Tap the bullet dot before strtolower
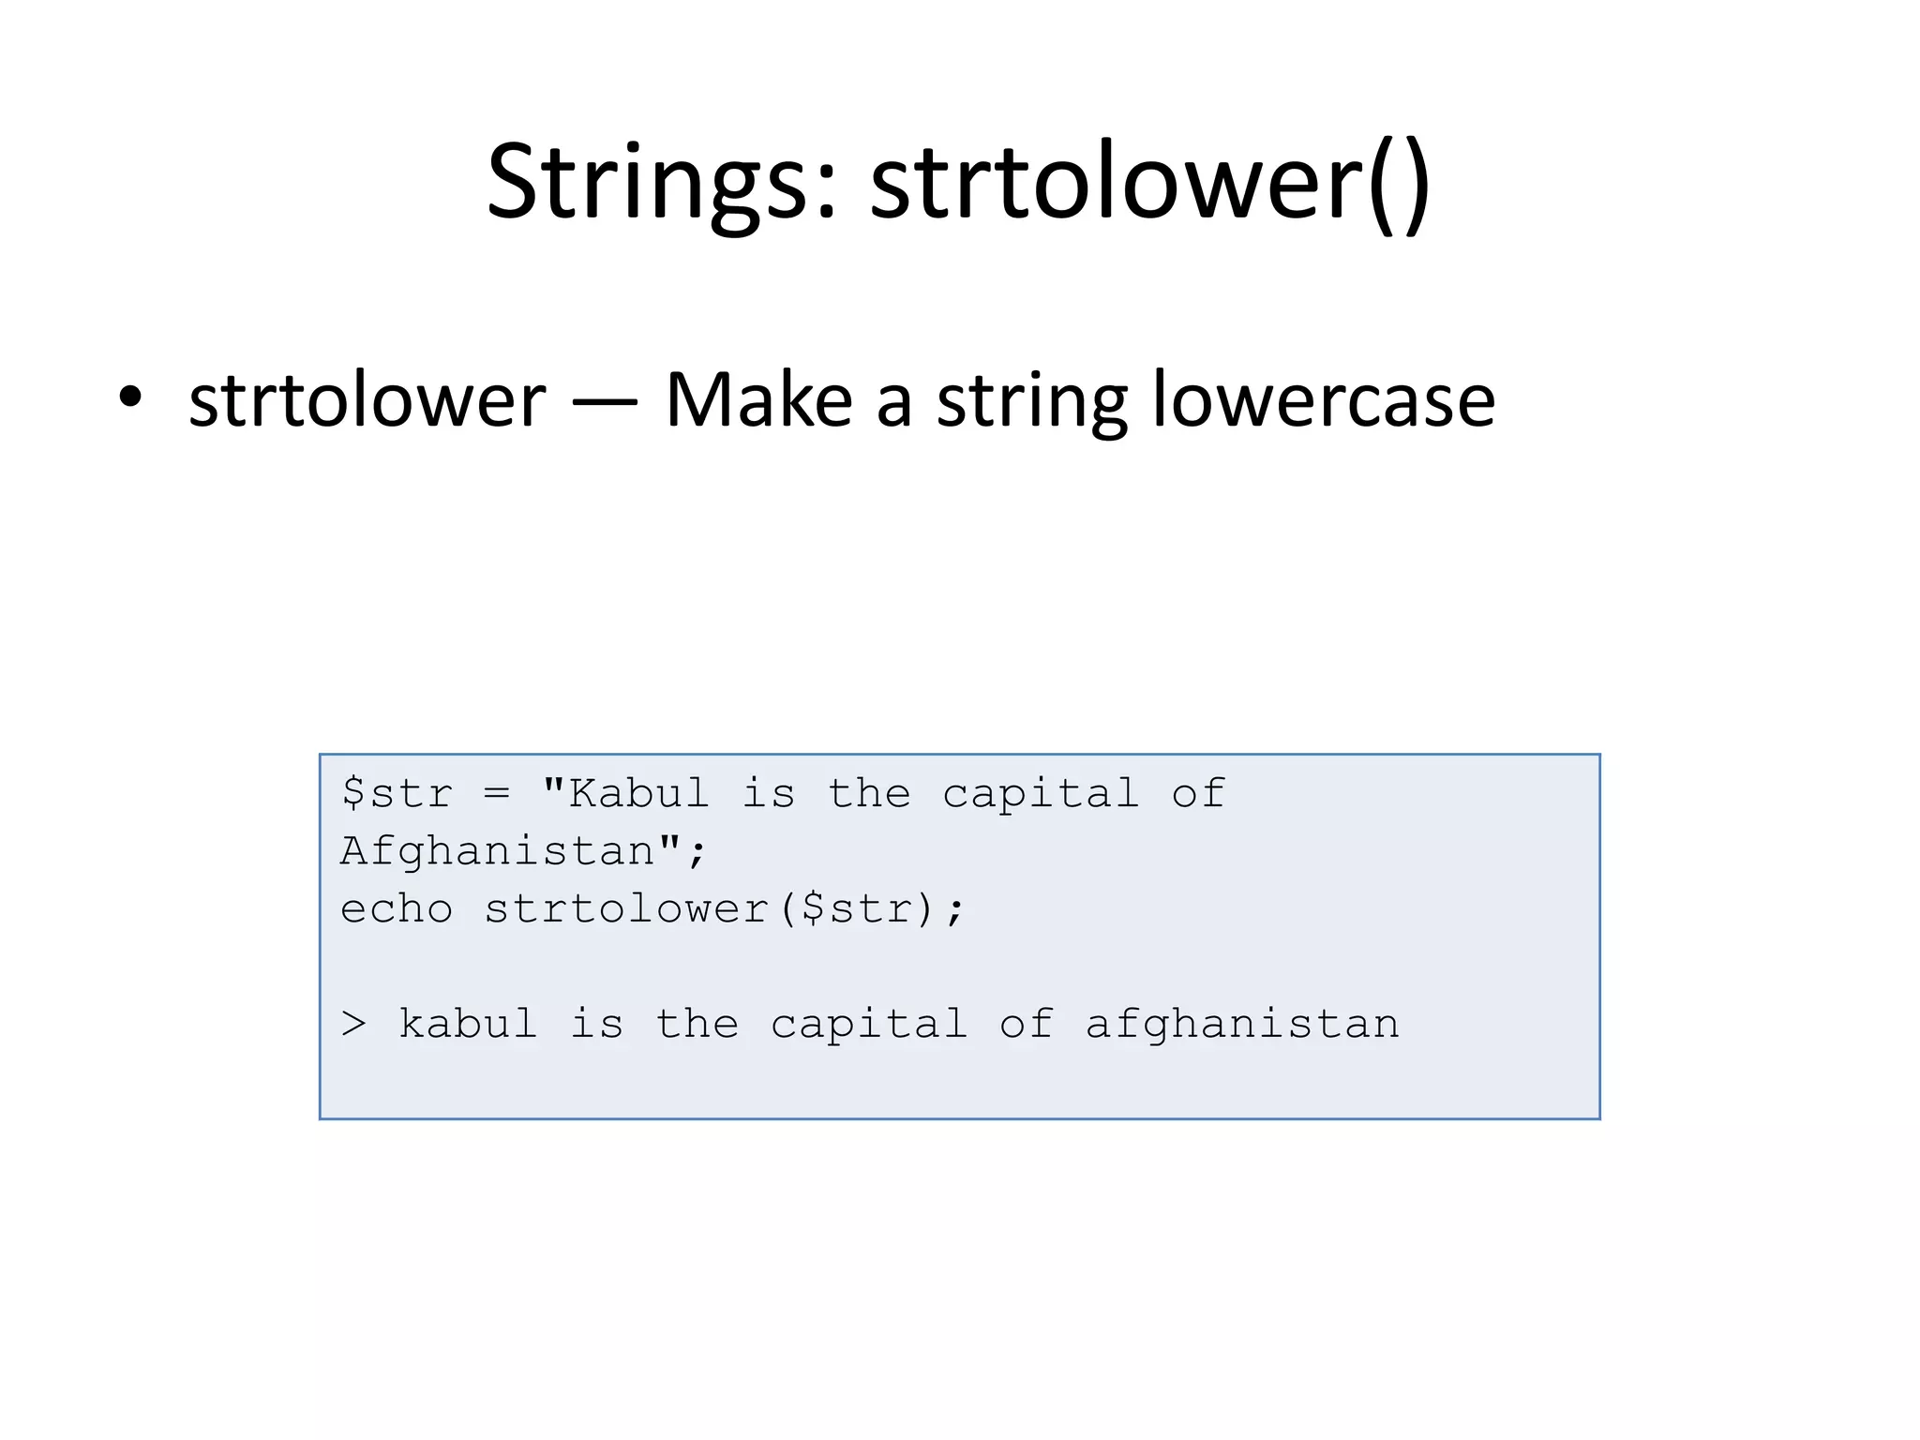(130, 397)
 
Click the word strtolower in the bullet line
(367, 400)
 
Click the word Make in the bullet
(758, 400)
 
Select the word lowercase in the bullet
(1323, 400)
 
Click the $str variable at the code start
(397, 794)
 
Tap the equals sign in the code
(497, 795)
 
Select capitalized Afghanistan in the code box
(498, 851)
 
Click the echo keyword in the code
(397, 909)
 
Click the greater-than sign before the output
(353, 1024)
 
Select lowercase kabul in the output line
(468, 1024)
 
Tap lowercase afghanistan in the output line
(1242, 1024)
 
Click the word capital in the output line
(869, 1024)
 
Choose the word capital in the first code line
(1041, 794)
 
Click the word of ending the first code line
(1198, 794)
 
